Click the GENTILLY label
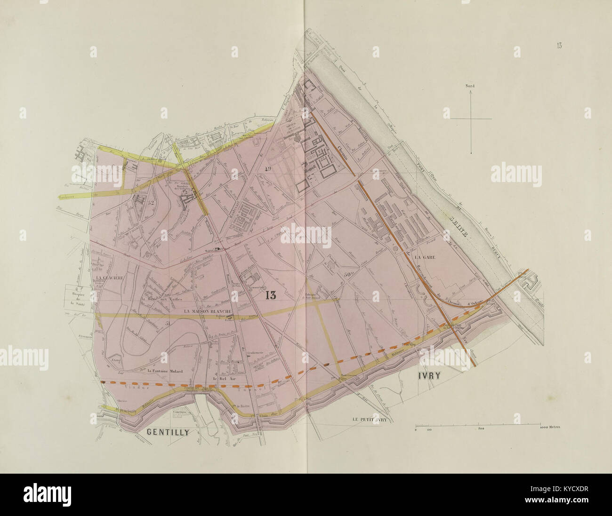pyautogui.click(x=168, y=432)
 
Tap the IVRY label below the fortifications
pyautogui.click(x=431, y=376)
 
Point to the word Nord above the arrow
pyautogui.click(x=469, y=87)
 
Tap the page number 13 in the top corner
pyautogui.click(x=559, y=46)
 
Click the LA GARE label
pyautogui.click(x=425, y=257)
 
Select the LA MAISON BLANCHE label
pyautogui.click(x=207, y=311)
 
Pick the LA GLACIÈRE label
pyautogui.click(x=109, y=278)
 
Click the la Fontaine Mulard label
pyautogui.click(x=164, y=371)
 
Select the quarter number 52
pyautogui.click(x=151, y=203)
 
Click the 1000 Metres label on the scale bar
pyautogui.click(x=549, y=429)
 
